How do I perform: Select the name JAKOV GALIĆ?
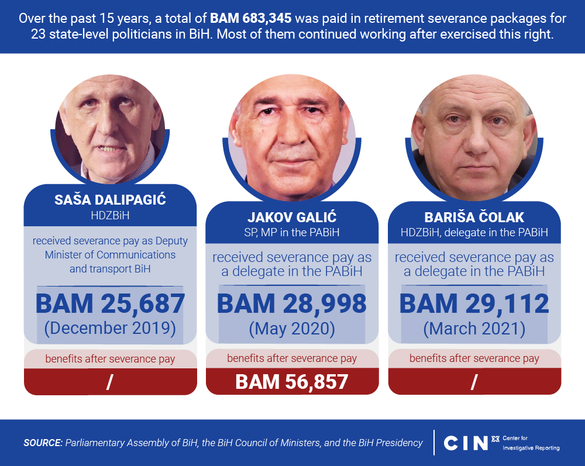pos(292,218)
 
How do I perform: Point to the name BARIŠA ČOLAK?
pos(474,218)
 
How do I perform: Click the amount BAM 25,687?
pos(110,303)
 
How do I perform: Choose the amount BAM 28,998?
pos(292,303)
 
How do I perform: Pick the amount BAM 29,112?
pos(474,303)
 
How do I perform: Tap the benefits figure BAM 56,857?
pos(292,382)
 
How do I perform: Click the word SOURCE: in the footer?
pos(43,443)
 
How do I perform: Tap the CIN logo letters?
pos(466,443)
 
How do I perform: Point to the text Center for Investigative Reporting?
pos(531,443)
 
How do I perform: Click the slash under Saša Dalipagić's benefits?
pos(109,382)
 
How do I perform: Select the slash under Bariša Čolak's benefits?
pos(474,382)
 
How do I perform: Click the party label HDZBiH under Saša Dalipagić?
pos(110,216)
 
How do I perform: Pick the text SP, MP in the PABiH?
pos(292,233)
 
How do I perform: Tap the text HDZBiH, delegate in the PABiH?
pos(474,233)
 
